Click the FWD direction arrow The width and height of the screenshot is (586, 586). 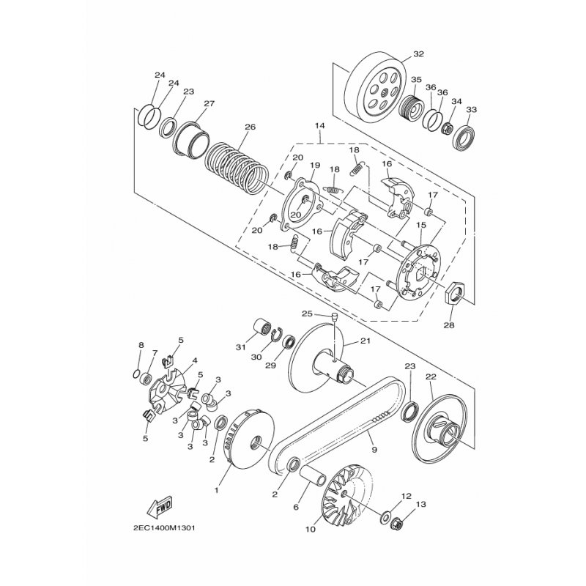tap(159, 506)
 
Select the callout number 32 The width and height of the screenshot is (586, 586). tap(418, 54)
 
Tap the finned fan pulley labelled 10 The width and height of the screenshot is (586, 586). tap(344, 496)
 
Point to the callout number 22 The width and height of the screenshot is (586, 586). tap(431, 377)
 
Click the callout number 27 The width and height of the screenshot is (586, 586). tap(209, 103)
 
